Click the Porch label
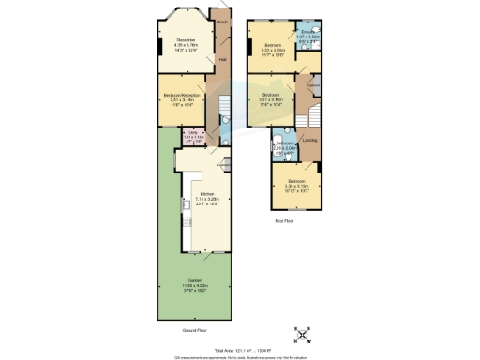click(x=222, y=20)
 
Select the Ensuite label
click(x=307, y=36)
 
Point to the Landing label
click(x=309, y=141)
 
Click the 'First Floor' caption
click(x=284, y=221)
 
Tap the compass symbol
click(x=303, y=335)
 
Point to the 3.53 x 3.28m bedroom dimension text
click(x=273, y=50)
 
